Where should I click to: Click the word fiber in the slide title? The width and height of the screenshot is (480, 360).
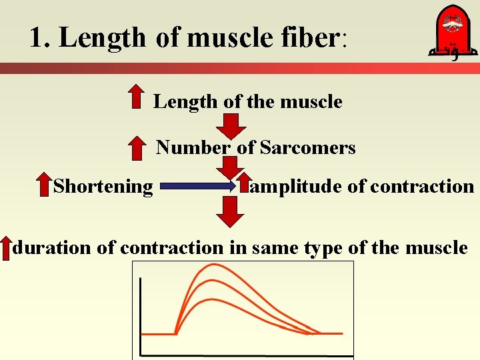[305, 37]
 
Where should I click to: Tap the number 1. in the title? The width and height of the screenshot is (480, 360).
[40, 38]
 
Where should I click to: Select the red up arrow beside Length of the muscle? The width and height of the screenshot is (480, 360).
[136, 96]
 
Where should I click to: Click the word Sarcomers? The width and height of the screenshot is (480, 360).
[307, 147]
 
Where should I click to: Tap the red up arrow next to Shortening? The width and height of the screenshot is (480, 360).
[43, 186]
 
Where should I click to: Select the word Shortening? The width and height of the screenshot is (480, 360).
[103, 186]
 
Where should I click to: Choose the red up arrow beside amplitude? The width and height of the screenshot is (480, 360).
[245, 186]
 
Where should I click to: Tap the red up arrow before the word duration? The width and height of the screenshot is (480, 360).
[6, 247]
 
